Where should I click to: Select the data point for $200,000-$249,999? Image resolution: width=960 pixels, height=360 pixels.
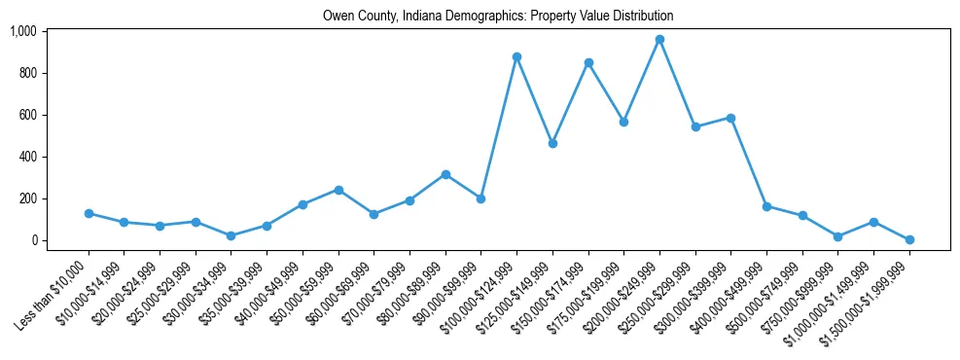coord(659,40)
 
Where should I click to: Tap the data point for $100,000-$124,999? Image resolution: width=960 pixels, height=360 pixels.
coord(516,56)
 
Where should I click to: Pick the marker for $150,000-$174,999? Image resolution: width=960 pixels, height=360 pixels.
coord(588,62)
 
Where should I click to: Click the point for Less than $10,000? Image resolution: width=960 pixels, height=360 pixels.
coord(89,213)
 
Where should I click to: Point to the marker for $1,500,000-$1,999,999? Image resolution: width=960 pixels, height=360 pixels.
coord(909,239)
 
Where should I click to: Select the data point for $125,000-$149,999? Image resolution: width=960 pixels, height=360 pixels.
coord(552,143)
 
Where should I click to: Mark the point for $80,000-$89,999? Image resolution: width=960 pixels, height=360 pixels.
coord(445,174)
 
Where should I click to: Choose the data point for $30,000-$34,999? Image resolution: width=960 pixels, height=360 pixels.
coord(231,235)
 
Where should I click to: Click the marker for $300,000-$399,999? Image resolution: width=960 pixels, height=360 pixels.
coord(730,118)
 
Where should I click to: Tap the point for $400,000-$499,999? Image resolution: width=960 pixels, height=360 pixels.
coord(766,206)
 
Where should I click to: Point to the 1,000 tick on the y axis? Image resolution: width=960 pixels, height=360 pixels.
coord(37,31)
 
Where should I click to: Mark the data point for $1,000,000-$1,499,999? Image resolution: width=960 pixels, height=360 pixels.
coord(873,222)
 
